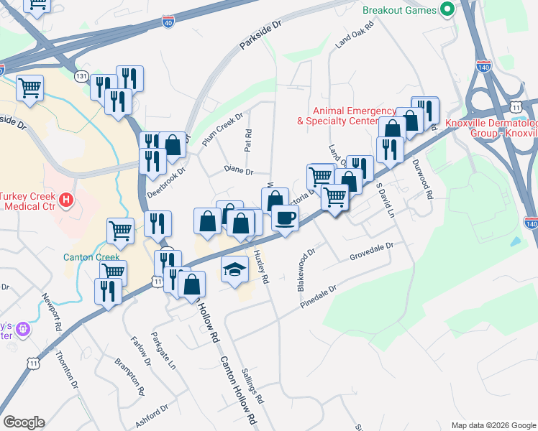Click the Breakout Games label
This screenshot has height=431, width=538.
[399, 10]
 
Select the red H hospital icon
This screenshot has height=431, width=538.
[65, 199]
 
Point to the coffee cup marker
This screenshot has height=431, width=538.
[286, 218]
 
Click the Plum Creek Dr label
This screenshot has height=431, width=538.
[223, 130]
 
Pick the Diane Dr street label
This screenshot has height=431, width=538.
[239, 171]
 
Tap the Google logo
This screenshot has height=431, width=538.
[24, 422]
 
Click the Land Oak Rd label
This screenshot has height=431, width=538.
[352, 38]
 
